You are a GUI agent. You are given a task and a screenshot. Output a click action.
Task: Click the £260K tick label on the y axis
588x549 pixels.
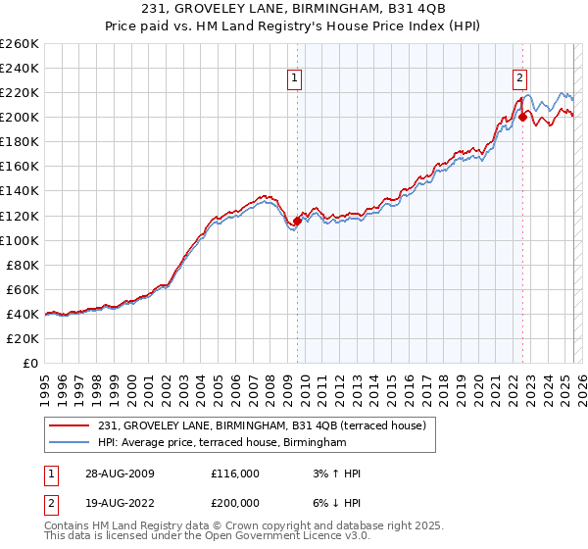point(19,44)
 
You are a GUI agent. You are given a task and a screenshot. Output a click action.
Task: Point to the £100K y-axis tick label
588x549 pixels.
point(19,240)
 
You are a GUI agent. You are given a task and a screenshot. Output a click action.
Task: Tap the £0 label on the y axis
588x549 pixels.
point(29,363)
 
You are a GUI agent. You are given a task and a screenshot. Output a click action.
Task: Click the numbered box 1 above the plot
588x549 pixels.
point(295,80)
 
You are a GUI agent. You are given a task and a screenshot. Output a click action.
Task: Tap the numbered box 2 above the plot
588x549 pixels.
point(519,80)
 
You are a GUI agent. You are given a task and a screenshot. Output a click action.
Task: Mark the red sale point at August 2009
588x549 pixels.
point(298,221)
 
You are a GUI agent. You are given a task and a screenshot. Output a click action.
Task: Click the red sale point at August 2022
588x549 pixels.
point(522,117)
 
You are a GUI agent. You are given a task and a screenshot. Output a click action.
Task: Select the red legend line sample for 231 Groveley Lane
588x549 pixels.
point(70,426)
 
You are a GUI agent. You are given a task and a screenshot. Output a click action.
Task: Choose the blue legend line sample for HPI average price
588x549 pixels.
point(70,443)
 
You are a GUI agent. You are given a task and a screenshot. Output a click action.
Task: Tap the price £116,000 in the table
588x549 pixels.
point(235,474)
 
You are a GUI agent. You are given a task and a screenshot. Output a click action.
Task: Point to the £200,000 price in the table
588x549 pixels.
point(235,501)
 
